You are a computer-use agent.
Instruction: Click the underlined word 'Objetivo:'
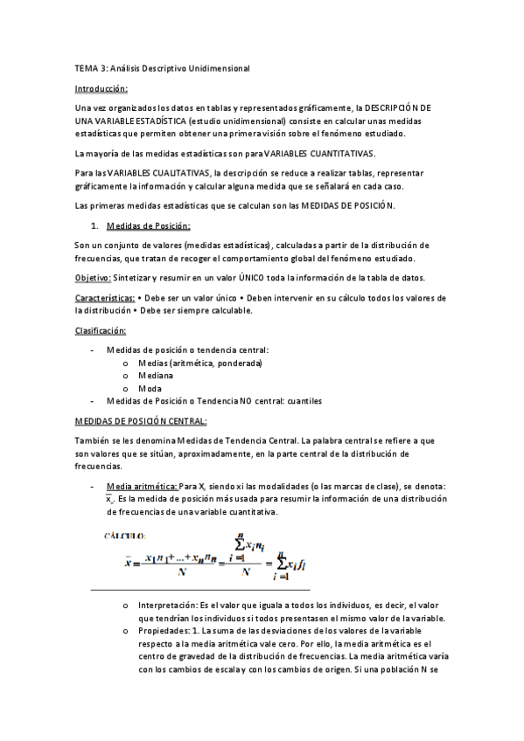(92, 278)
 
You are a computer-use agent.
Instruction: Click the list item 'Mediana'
(156, 376)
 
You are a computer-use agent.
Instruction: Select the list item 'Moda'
(150, 388)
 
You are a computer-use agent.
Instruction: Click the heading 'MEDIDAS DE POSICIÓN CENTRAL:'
(141, 421)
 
